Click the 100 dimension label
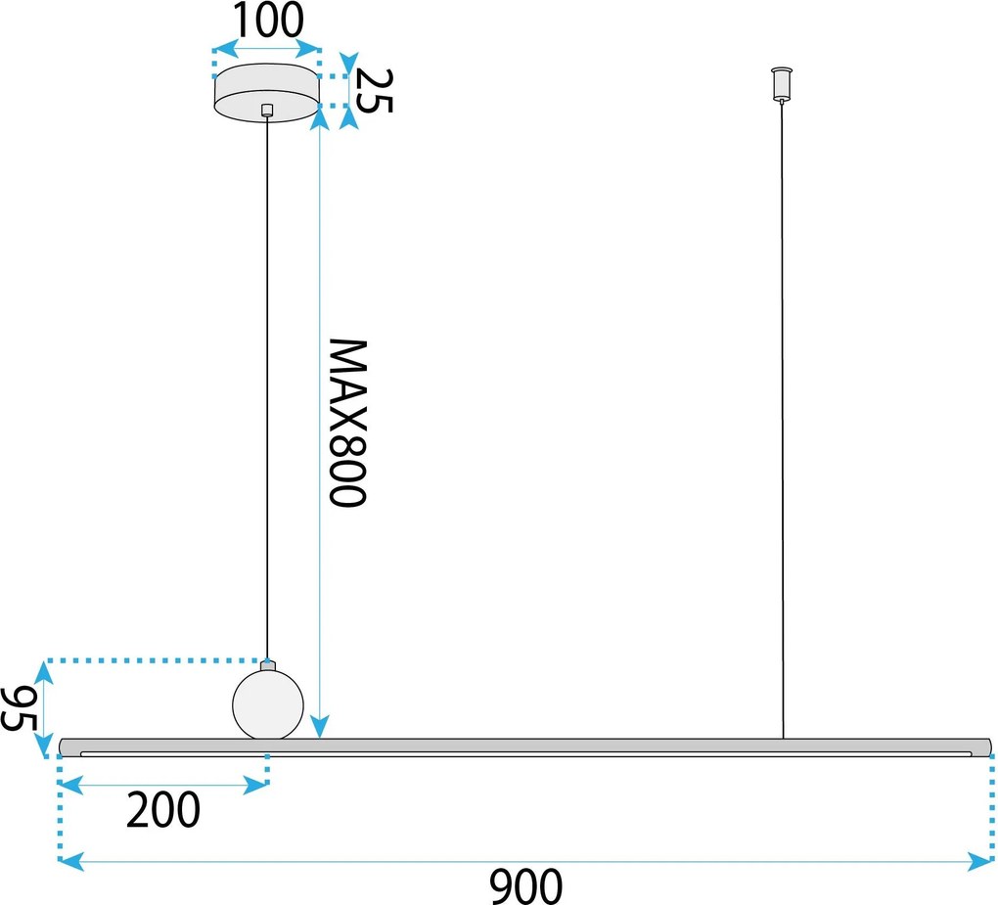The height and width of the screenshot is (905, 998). (x=269, y=21)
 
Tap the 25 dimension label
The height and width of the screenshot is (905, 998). (x=374, y=90)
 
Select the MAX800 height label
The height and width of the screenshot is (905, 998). (x=348, y=423)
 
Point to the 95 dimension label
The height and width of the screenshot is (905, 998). (x=19, y=709)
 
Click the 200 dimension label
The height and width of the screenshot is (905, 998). (x=163, y=809)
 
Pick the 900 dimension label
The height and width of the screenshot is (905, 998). (x=525, y=885)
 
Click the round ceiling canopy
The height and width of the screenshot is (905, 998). (x=266, y=92)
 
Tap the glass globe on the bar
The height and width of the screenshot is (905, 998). (x=268, y=704)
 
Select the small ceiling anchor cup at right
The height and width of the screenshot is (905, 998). (x=782, y=84)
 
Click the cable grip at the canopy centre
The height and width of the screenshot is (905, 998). (x=267, y=110)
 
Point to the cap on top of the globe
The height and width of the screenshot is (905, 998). (x=268, y=665)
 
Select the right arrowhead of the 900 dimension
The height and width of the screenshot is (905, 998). (x=980, y=862)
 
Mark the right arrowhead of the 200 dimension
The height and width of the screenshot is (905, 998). (x=256, y=786)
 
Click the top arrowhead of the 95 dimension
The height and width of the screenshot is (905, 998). (x=43, y=672)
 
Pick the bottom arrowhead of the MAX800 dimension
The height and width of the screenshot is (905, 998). (x=320, y=726)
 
